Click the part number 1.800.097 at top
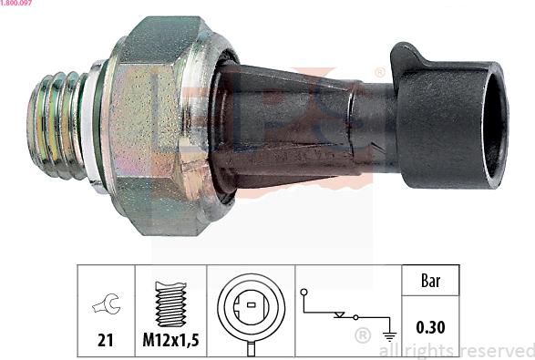click(15, 3)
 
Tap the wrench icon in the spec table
click(106, 303)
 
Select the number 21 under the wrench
click(106, 340)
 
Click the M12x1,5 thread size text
click(170, 340)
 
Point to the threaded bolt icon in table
click(171, 303)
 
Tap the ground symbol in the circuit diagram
click(389, 336)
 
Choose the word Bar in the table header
click(430, 281)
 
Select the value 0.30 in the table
click(430, 327)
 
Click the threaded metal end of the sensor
click(57, 126)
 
